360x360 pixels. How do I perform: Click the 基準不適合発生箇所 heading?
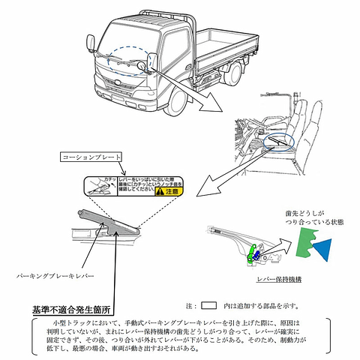point(71,308)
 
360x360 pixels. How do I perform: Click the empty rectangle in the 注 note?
point(209,305)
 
